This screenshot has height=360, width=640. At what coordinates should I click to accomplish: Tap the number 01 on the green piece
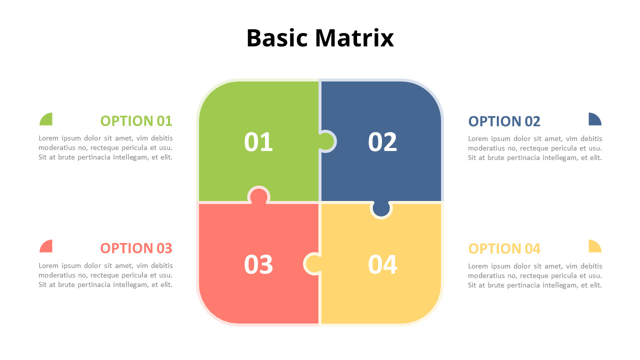coord(258,142)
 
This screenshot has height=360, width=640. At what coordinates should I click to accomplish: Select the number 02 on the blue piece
coord(382,142)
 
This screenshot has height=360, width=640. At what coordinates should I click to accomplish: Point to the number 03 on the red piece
coord(258,264)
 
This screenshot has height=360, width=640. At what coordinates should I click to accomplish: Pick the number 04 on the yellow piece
coord(382,264)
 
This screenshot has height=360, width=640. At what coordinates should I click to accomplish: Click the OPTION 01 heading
coord(136,121)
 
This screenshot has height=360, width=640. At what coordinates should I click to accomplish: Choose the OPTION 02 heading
coord(504,121)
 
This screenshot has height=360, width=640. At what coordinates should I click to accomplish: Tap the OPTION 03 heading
coord(136,248)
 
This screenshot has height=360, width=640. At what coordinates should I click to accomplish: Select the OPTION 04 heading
coord(504,248)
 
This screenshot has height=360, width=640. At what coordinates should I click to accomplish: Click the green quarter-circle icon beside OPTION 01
coord(47,120)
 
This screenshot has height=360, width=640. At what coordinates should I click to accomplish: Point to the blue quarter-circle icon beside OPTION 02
coord(594,120)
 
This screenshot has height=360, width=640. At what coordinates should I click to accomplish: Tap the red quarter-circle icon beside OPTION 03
coord(47,247)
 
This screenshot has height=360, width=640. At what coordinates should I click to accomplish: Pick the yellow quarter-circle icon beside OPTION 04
coord(594,247)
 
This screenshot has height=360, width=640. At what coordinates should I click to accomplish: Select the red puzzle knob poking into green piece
coord(259,195)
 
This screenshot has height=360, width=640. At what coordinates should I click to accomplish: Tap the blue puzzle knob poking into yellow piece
coord(381,208)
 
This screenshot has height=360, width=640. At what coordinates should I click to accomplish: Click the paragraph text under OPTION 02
coord(535,148)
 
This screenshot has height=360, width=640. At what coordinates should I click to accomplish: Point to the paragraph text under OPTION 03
coord(105,275)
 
